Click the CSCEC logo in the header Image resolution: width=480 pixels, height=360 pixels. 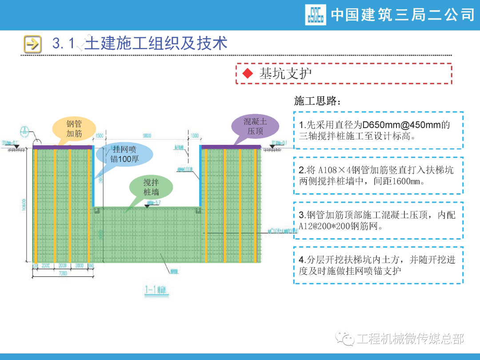coord(316,15)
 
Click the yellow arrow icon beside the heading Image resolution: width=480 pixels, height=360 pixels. coord(32,44)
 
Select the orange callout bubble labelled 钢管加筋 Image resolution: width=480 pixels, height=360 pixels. coord(74,128)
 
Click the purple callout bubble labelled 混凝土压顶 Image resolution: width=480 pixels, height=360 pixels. coord(255,126)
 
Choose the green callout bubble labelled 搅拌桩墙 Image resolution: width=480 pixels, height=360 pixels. coord(151,187)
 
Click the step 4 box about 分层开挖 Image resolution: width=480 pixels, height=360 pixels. coord(378,265)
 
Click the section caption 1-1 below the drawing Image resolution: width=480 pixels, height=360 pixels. coord(155,290)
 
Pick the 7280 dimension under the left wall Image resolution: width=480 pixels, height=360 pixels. coord(63,274)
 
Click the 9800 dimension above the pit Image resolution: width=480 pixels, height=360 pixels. coord(147,135)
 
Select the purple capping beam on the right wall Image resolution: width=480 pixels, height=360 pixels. coord(231,147)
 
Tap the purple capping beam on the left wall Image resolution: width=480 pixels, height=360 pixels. coord(63,147)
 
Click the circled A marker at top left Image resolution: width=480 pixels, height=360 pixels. coord(25,132)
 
